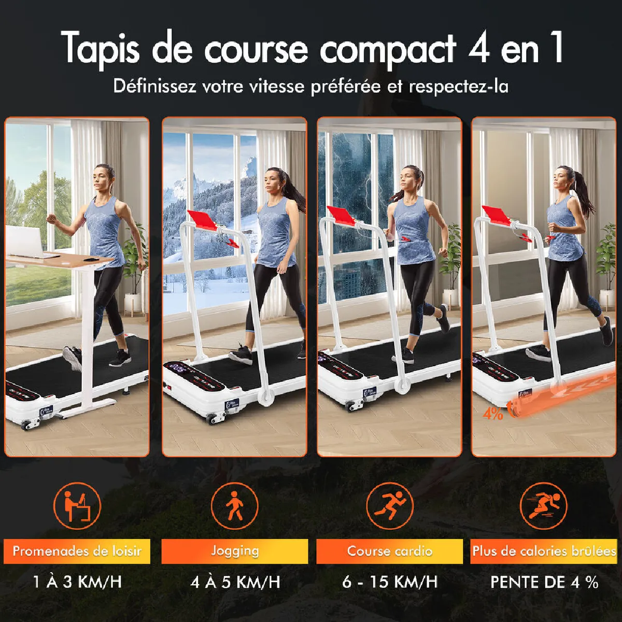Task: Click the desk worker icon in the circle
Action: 77,506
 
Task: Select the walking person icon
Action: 235,506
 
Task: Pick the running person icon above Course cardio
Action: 390,506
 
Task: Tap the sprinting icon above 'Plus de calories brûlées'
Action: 544,506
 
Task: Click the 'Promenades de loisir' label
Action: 77,551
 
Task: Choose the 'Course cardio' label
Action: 390,551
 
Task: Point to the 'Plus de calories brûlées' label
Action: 544,551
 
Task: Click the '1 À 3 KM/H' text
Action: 77,582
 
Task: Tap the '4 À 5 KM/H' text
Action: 235,582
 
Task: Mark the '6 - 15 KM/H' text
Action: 390,582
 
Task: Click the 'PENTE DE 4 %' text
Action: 544,582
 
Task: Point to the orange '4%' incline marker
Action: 492,414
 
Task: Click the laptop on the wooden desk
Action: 24,241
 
